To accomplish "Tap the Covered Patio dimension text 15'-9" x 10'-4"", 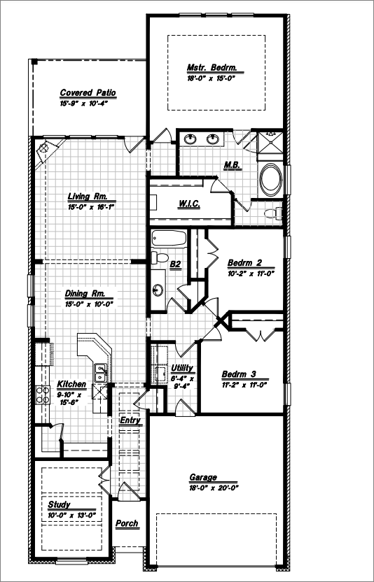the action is [x=83, y=104].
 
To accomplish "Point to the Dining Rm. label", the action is [x=85, y=294].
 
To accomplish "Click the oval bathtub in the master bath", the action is [x=270, y=179].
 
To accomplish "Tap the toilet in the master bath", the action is [x=273, y=213].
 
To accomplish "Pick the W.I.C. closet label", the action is [x=190, y=204].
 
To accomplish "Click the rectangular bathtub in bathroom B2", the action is [x=169, y=239].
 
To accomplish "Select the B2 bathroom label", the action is [x=176, y=264].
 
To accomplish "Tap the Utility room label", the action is [x=182, y=368].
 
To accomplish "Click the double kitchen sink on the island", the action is [x=101, y=373].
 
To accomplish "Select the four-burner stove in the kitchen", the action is [x=43, y=395].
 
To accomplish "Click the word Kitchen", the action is [x=71, y=385].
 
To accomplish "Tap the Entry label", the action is [x=130, y=420].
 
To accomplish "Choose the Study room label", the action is [x=59, y=505].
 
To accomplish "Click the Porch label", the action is [x=127, y=524].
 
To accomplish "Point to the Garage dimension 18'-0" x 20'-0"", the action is [x=214, y=488].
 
